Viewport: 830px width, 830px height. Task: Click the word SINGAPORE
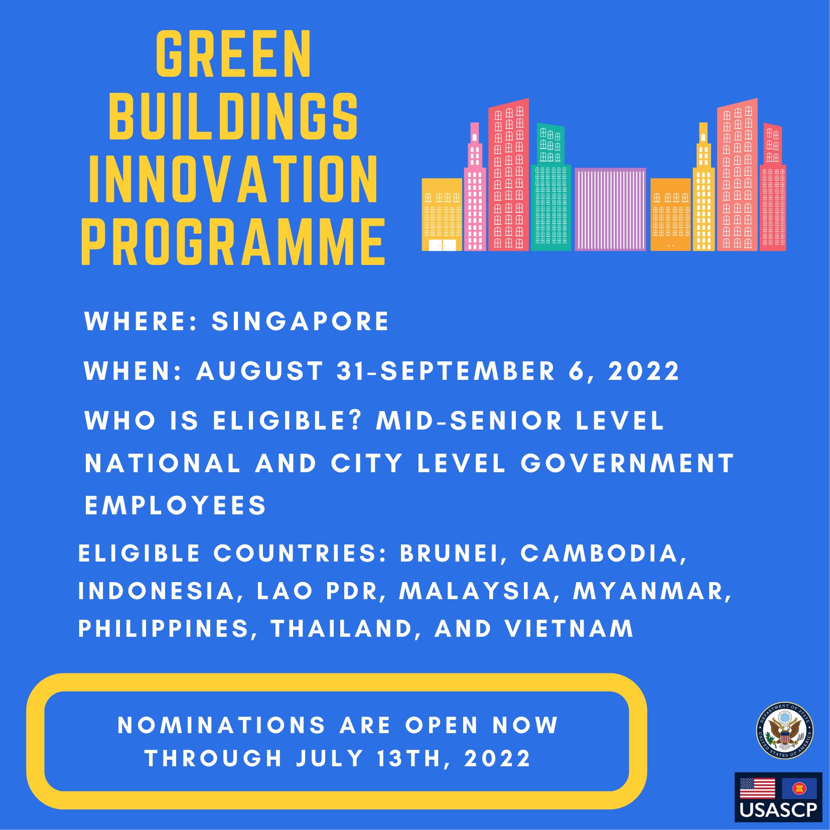[x=300, y=321]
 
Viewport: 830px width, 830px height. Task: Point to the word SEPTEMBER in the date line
[x=468, y=371]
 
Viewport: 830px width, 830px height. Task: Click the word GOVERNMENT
[x=627, y=463]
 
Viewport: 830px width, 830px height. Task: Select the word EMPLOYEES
[x=175, y=505]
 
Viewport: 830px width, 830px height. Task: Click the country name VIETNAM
[x=569, y=628]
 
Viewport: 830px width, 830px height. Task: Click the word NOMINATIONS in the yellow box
[x=221, y=725]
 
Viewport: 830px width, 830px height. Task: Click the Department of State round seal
[x=784, y=731]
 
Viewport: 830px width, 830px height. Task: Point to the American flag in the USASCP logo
[x=757, y=788]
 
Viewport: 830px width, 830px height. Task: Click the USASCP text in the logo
[x=778, y=810]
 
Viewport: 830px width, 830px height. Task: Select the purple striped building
[x=610, y=209]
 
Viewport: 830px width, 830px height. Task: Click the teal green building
[x=550, y=196]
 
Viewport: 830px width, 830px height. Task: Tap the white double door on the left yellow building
[x=442, y=245]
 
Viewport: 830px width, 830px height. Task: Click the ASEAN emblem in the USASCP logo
[x=799, y=788]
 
